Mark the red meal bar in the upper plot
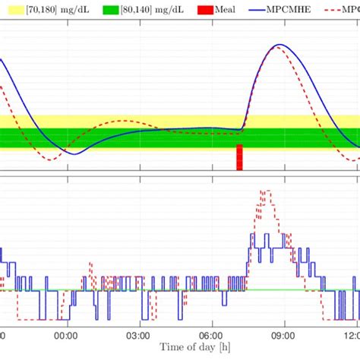240,157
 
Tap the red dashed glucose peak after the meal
276,48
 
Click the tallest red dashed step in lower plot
264,191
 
